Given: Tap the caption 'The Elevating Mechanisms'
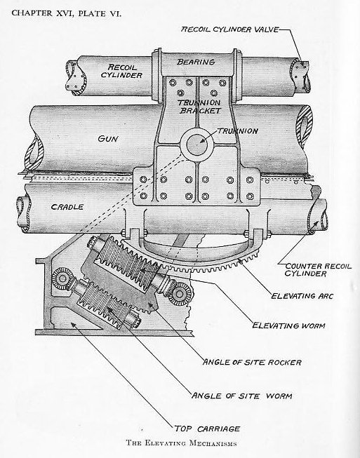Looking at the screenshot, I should [180, 444].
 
